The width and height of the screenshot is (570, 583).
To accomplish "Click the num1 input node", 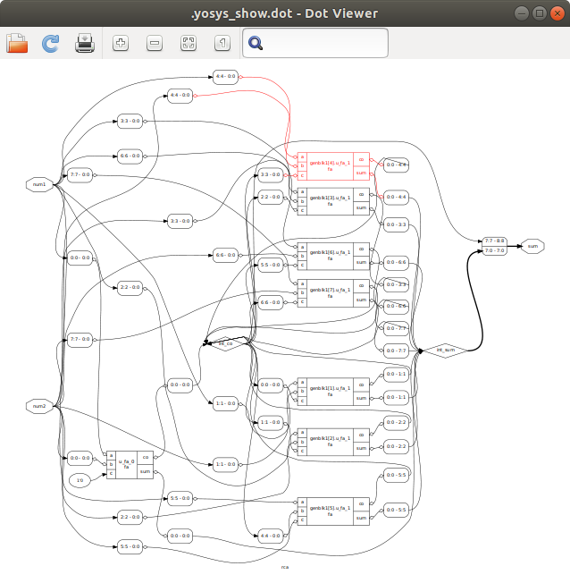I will tap(39, 184).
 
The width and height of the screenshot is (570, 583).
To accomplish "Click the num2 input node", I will tap(39, 407).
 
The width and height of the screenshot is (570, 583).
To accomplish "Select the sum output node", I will tap(532, 245).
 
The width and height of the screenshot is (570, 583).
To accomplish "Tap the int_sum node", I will tap(444, 351).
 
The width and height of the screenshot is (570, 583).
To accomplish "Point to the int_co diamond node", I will tap(226, 342).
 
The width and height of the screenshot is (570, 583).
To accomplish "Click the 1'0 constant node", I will tap(80, 481).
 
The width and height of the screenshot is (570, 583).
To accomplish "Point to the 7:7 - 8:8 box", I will tap(494, 241).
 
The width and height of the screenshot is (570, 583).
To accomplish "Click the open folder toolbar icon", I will tap(17, 43).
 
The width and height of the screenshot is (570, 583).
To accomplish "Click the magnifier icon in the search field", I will tap(256, 43).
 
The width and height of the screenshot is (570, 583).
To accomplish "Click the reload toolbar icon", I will tap(51, 43).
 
